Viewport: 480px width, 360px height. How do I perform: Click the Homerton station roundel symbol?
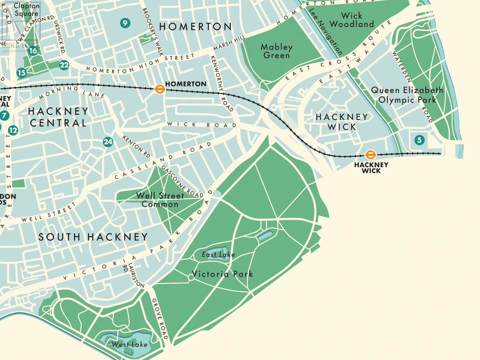(x=160, y=89)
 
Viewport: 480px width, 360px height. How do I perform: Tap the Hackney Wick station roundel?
(x=370, y=155)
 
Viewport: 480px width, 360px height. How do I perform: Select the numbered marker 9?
(x=125, y=23)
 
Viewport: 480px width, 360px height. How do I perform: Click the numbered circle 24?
(x=108, y=142)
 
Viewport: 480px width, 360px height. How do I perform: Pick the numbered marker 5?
(x=419, y=140)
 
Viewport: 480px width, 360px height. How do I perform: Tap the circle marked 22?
(x=64, y=65)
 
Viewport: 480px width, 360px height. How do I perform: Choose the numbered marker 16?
(x=33, y=51)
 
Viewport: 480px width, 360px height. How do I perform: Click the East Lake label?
(x=218, y=255)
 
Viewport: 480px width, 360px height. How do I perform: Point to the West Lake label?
(x=129, y=344)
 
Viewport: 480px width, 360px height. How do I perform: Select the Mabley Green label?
(x=276, y=51)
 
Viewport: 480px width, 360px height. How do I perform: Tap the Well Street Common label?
(x=160, y=200)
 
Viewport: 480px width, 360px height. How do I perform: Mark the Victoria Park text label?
(x=222, y=274)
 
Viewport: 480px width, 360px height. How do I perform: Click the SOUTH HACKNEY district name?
(x=93, y=237)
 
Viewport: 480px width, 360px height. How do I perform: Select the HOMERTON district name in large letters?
(x=195, y=27)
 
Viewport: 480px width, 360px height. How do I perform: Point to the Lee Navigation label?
(x=325, y=31)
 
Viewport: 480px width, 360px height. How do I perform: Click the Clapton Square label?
(x=26, y=10)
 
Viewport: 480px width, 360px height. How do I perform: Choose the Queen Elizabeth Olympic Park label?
(x=407, y=95)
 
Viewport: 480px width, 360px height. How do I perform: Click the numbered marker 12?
(x=13, y=130)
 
